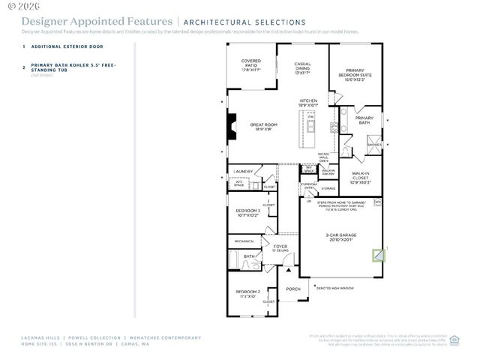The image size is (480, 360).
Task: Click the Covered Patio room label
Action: tap(250, 65)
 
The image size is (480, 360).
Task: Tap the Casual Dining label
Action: tap(302, 68)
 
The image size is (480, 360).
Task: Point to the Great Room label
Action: tap(264, 127)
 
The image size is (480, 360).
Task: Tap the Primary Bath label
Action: tap(364, 120)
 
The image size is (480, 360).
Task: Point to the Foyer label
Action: tap(280, 247)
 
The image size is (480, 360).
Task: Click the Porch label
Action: tap(293, 288)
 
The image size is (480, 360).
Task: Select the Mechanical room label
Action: tap(244, 241)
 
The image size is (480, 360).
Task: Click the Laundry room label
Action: tap(244, 171)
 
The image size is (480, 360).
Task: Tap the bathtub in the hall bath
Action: tap(233, 262)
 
